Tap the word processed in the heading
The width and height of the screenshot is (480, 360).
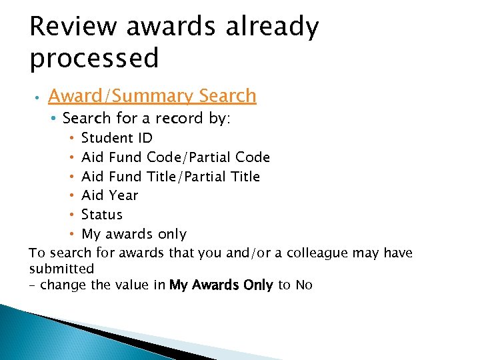coord(94,59)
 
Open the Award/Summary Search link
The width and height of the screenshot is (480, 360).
coord(152,96)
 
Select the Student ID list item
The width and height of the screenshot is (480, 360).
coord(117,138)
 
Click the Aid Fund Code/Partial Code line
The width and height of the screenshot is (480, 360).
coord(175,157)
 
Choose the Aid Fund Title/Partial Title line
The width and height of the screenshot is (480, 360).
coord(170,177)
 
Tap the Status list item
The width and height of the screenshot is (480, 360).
coord(102,215)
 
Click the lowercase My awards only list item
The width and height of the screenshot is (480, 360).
coord(133,234)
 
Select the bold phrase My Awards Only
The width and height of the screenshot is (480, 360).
coord(221,285)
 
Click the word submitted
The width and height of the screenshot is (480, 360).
coord(61,269)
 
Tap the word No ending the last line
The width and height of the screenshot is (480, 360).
coord(304,285)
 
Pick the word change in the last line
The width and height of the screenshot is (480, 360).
coord(64,285)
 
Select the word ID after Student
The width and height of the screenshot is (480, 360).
coord(145,138)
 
